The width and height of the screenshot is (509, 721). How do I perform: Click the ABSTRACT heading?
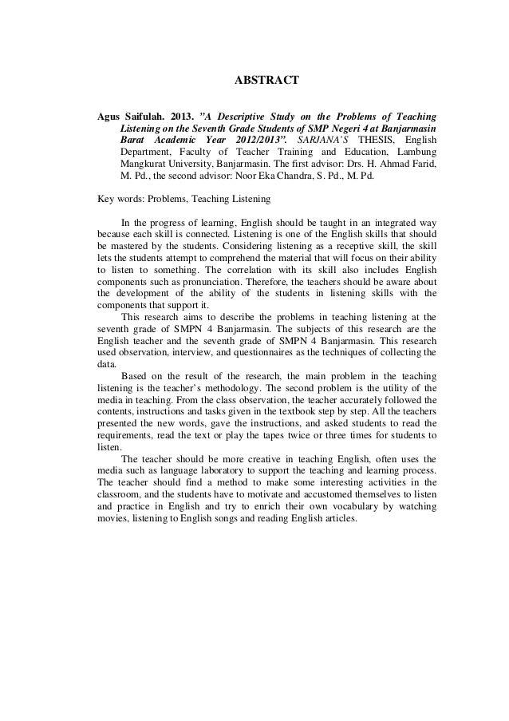[265, 80]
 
